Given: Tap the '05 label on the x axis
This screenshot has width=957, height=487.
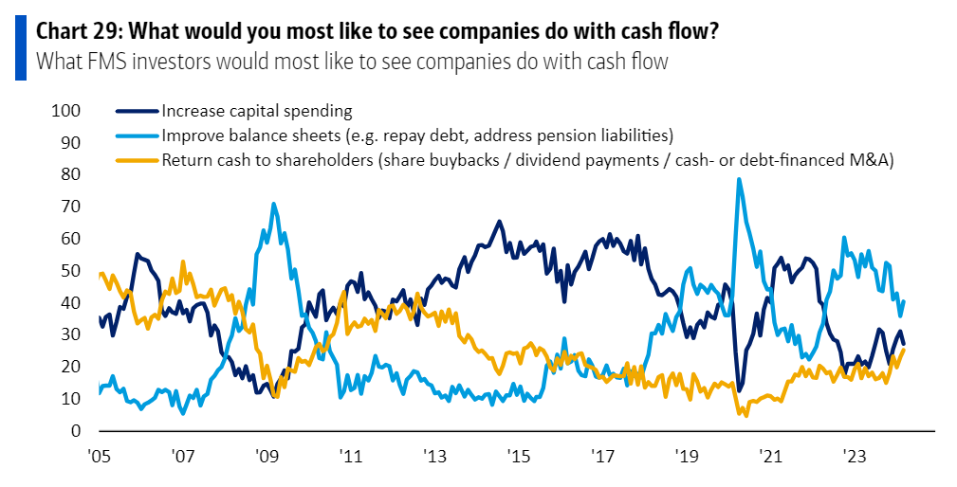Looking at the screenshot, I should (x=99, y=455).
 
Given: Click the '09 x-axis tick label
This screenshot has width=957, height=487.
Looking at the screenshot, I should (x=267, y=455).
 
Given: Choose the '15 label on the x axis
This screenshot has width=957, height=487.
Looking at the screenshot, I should (x=518, y=455).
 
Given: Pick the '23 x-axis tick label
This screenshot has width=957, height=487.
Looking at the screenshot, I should (x=855, y=455).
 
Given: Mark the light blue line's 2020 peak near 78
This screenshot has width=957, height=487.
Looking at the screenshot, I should (x=738, y=179).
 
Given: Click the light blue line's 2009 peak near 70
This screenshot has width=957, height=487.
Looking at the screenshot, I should (x=274, y=204).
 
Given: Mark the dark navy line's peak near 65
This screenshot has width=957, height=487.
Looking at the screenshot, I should (x=499, y=222).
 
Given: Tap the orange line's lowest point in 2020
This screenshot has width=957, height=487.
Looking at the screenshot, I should (x=745, y=415).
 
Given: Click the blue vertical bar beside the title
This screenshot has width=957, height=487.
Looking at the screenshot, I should (x=19, y=46).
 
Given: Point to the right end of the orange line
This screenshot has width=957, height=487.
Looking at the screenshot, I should (x=904, y=350).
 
